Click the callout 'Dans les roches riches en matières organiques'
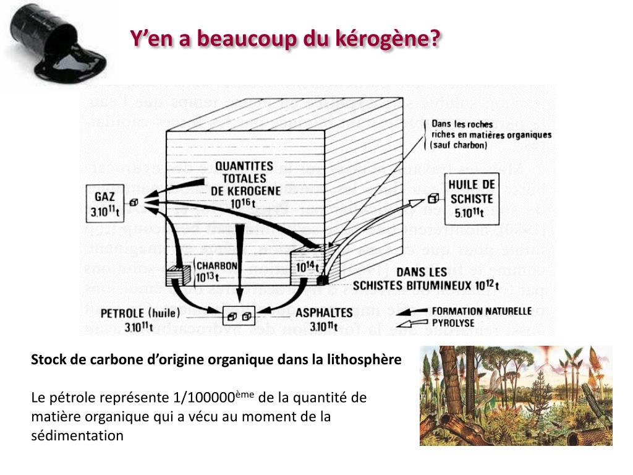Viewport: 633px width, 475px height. coord(491,134)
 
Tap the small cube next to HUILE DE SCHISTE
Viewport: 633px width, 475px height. coord(433,199)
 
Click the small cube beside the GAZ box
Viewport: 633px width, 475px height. coord(134,202)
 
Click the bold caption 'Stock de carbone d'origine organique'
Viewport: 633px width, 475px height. coord(216,359)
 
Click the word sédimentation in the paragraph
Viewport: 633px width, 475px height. coord(77,435)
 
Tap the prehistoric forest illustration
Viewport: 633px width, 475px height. coord(516,396)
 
